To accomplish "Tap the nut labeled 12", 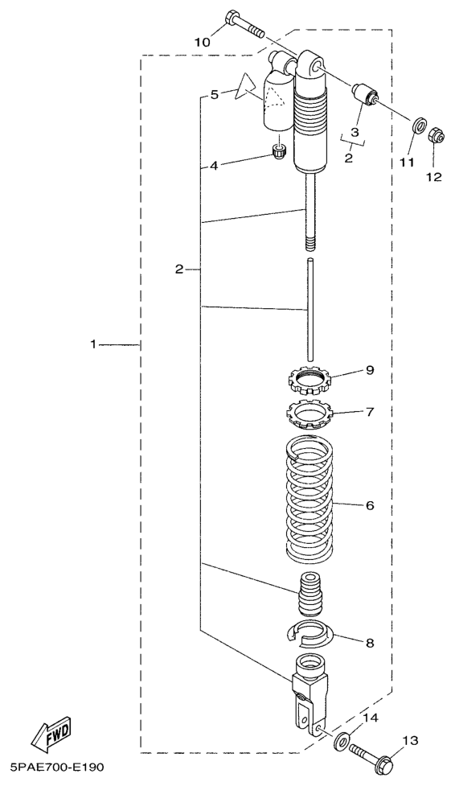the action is coord(434,135).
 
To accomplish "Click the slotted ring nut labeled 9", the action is coord(311,379).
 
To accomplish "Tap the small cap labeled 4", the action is coord(280,151).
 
